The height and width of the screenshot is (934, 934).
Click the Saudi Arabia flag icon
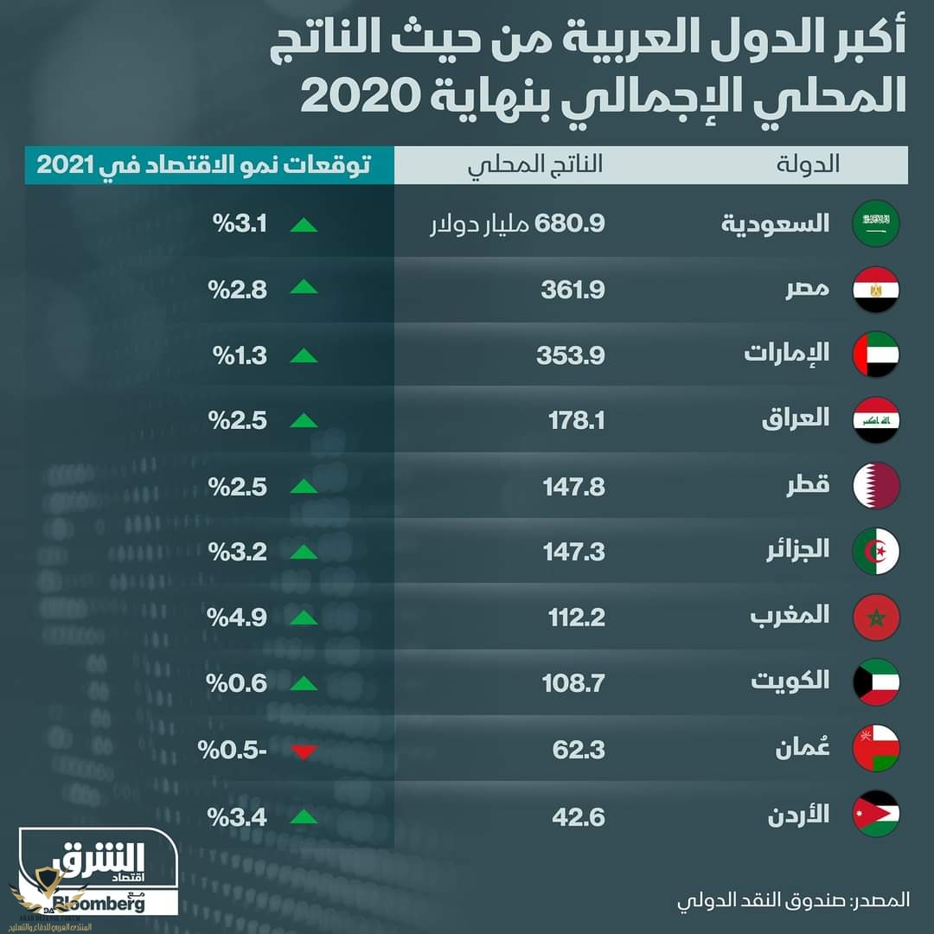[877, 223]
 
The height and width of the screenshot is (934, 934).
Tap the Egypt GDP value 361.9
[573, 288]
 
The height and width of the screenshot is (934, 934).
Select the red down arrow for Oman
[304, 751]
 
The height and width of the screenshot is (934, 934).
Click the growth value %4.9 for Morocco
[236, 617]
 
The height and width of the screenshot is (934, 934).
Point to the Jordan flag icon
[877, 815]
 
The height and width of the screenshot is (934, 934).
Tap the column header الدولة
[816, 164]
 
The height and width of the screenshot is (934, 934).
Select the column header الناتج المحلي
[536, 164]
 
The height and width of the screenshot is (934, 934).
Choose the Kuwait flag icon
[877, 681]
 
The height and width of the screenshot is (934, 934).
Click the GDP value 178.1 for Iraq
[577, 420]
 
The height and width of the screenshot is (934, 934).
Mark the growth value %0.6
[236, 683]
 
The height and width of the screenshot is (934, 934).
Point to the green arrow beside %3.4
[304, 815]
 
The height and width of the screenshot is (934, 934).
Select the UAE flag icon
[877, 355]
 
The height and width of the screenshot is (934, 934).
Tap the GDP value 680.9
[570, 223]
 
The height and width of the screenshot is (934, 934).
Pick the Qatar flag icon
[877, 486]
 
